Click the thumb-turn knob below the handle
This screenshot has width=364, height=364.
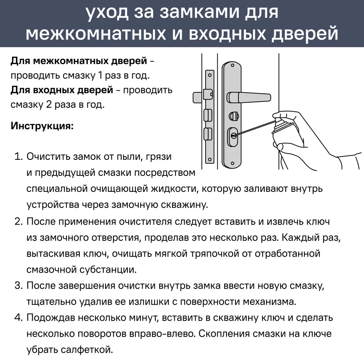[x=232, y=116]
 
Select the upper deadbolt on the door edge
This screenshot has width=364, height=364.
[x=206, y=114]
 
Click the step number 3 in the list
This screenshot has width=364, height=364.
[x=18, y=285]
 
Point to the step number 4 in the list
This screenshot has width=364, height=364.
[x=18, y=317]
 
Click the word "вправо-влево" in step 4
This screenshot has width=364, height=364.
[x=163, y=334]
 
